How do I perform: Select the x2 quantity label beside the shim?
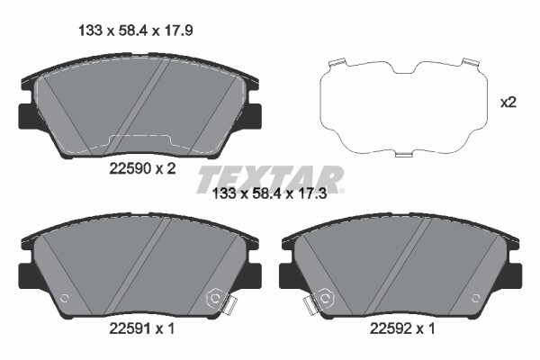click(508, 103)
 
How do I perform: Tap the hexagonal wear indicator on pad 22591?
click(216, 297)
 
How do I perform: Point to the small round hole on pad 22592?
click(476, 300)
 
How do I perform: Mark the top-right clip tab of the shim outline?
click(468, 64)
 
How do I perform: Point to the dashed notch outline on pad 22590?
click(139, 142)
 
